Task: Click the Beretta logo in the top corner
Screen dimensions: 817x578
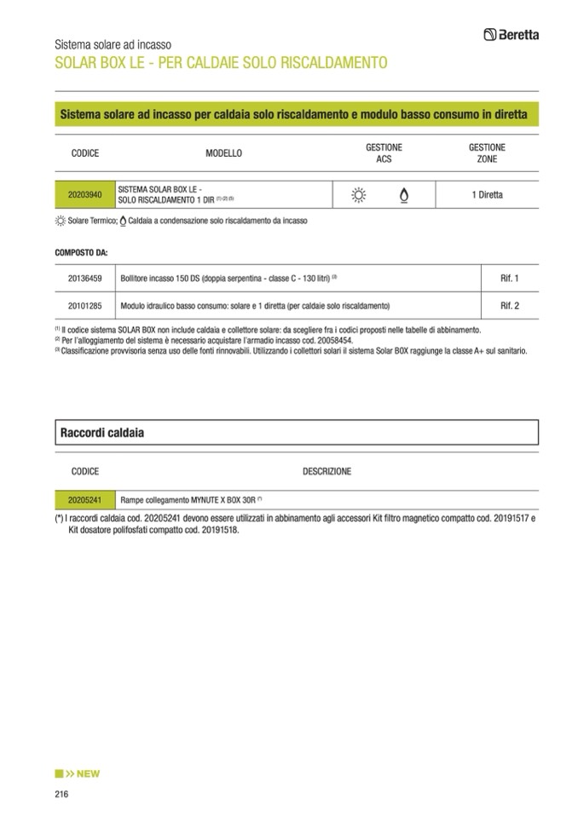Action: click(511, 34)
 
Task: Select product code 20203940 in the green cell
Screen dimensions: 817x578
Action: click(84, 195)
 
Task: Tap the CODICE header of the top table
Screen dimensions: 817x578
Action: click(84, 153)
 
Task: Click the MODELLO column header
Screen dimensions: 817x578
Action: click(223, 153)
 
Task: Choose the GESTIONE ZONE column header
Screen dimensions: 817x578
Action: click(488, 153)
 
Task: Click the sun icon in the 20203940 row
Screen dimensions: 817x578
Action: click(358, 195)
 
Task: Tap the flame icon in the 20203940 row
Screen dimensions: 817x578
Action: click(403, 195)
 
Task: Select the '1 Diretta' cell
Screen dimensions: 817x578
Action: click(487, 195)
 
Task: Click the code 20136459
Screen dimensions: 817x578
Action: click(84, 279)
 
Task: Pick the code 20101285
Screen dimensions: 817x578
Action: click(84, 305)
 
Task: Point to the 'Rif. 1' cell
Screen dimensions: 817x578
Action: click(510, 279)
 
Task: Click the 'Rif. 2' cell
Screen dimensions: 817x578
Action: click(510, 305)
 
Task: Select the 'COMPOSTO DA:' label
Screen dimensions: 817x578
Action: click(81, 253)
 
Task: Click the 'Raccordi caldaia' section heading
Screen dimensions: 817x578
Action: click(101, 433)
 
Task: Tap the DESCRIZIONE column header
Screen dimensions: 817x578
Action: click(327, 471)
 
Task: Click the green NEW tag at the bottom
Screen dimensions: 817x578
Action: click(78, 774)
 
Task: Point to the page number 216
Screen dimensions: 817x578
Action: click(61, 794)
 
